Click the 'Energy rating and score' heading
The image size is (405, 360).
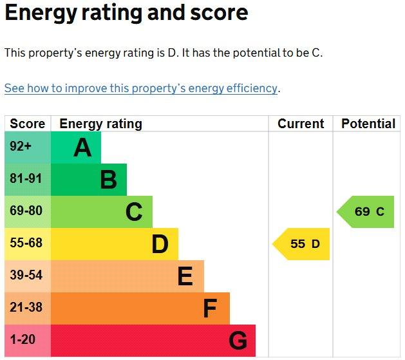[126, 14]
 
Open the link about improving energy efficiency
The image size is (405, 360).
[141, 88]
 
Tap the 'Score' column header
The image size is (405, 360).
[28, 124]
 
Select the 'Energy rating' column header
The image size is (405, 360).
[100, 124]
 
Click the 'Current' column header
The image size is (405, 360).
[301, 124]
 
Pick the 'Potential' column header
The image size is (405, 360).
[368, 124]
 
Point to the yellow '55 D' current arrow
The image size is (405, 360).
[301, 244]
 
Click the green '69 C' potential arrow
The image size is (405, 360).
[366, 212]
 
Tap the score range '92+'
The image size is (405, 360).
[21, 146]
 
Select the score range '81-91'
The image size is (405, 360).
[26, 178]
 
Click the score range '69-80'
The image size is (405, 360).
[26, 211]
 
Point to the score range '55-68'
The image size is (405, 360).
[26, 243]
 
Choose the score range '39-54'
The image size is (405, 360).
[26, 275]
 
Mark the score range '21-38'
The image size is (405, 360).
[26, 307]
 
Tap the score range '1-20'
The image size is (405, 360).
[23, 339]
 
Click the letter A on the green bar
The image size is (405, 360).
[82, 147]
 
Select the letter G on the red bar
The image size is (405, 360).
[238, 341]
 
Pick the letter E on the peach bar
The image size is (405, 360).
[185, 276]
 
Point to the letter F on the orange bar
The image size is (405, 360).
[210, 308]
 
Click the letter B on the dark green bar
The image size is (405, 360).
[108, 180]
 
